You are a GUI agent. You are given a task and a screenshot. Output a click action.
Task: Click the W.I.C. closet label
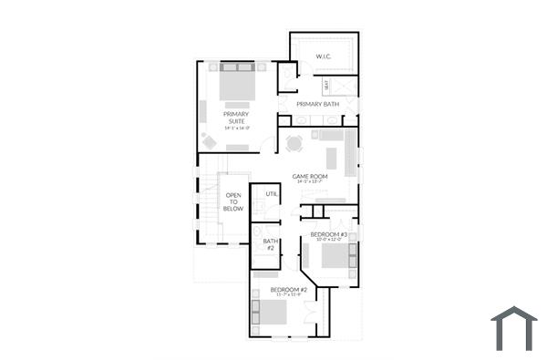click(324, 57)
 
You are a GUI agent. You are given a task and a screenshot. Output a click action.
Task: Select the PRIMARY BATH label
click(317, 104)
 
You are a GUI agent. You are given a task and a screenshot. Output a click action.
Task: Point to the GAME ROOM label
click(309, 175)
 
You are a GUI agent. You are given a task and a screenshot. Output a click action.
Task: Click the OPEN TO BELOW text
click(233, 201)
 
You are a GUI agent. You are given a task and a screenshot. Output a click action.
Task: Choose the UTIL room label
click(272, 194)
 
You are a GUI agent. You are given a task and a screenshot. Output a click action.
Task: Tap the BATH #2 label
click(270, 244)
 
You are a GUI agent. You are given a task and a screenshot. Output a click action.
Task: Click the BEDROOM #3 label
click(328, 234)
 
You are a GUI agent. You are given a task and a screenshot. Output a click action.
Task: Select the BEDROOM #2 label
click(287, 289)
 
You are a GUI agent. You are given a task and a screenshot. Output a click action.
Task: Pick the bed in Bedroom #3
click(335, 257)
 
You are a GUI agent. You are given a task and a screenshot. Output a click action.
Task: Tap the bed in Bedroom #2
click(270, 313)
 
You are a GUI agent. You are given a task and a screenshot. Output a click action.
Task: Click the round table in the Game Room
click(294, 143)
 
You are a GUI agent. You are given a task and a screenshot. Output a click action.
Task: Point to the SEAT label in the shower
click(326, 86)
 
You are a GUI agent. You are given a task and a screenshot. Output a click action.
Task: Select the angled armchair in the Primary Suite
click(209, 141)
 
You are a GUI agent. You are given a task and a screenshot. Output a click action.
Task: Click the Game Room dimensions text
click(309, 182)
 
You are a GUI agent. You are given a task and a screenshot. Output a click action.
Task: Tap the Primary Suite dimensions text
click(237, 129)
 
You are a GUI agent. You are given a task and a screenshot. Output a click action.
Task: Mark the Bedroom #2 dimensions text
click(287, 295)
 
